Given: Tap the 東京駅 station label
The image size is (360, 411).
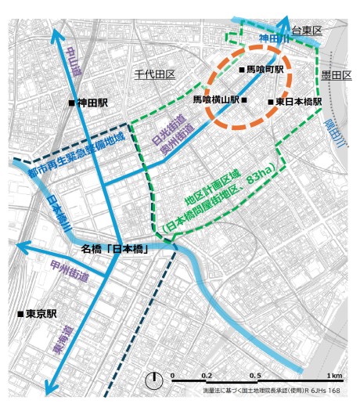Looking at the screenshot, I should tap(41, 314).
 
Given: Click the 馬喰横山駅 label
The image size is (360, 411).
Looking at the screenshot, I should tap(220, 100).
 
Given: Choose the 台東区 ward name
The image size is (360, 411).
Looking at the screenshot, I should tap(306, 29).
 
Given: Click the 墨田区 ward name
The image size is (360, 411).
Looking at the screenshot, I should tap(336, 75).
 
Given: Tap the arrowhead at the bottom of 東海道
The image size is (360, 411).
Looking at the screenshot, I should tap(49, 388).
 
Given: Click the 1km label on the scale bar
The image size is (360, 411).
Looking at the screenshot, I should tap(335, 376).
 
